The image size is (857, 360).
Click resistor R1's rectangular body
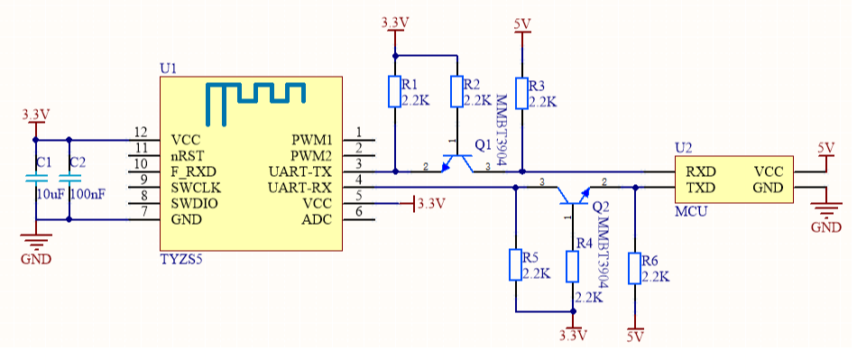point(394,91)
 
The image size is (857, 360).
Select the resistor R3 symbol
point(521,91)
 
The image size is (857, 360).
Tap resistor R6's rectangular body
point(635,268)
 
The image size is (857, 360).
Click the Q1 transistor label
point(484,144)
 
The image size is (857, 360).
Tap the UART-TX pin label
point(300,171)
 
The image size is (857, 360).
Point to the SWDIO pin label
point(194,204)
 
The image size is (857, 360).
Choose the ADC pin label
point(317,220)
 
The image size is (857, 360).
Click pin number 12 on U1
point(139,133)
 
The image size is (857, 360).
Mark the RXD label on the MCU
point(701,171)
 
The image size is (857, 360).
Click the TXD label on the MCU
point(701,188)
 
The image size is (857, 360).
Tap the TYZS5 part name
point(182,260)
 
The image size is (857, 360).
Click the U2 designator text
point(684,147)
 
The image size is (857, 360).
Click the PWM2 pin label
point(311,155)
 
